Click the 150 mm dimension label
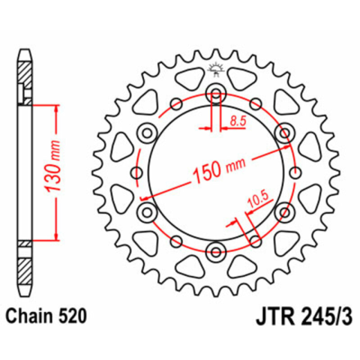point(219,171)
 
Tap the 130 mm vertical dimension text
point(53,166)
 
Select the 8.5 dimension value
point(238,121)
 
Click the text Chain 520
point(46,316)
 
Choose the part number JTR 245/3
point(304,316)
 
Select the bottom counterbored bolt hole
point(216,251)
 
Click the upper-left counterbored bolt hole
point(148,133)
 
